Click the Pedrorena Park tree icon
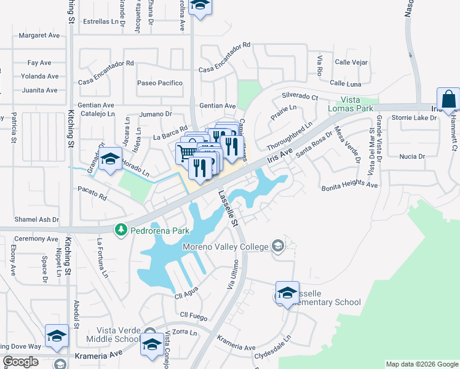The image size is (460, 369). pos(122,229)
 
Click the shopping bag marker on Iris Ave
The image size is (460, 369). pos(448,100)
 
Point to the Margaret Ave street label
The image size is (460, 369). pos(39,35)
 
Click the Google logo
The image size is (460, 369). pos(21,362)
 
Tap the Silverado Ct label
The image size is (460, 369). pos(299,97)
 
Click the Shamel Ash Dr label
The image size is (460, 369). pos(37,220)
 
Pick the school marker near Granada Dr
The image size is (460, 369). pos(109,161)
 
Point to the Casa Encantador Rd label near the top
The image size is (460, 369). pos(225,45)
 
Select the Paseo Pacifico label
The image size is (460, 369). pos(160,83)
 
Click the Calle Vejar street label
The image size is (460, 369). pos(351,62)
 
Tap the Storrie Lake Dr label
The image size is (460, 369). pos(412,117)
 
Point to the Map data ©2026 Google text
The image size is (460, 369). pos(421,364)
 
